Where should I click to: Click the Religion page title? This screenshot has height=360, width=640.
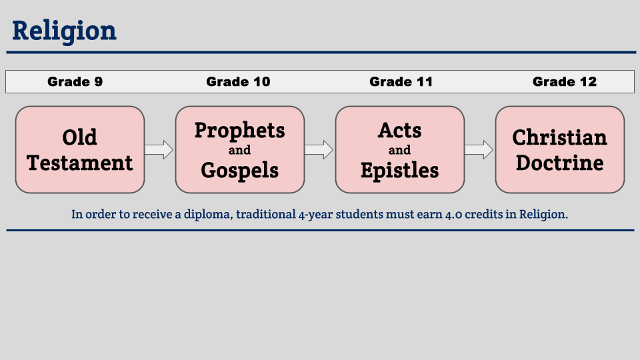pos(64,31)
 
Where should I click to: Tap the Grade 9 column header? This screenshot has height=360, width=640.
pos(75,81)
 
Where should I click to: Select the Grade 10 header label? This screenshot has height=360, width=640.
pos(238,81)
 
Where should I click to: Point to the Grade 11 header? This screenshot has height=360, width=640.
pos(401,81)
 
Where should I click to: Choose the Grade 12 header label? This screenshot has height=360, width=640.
pos(565,81)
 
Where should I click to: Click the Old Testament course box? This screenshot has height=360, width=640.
pos(80,149)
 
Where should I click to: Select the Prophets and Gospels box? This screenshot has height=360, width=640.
pos(240,149)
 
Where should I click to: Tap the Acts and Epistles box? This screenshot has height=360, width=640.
pos(400,149)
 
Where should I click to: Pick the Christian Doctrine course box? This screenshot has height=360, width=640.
pos(560,149)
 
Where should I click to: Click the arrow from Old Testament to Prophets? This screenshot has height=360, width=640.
pos(159,150)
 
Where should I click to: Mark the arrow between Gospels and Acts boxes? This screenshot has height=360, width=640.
pos(319,150)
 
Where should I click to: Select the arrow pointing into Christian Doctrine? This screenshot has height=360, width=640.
pos(479,150)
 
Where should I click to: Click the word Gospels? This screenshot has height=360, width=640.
pos(239,171)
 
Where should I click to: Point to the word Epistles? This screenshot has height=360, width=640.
pos(399,171)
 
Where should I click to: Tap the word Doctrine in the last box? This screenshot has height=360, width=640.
pos(559,163)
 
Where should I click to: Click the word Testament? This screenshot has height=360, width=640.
pos(80,163)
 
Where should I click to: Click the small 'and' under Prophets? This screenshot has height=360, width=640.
pos(239,150)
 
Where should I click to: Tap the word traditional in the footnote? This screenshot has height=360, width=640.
pos(266,214)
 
